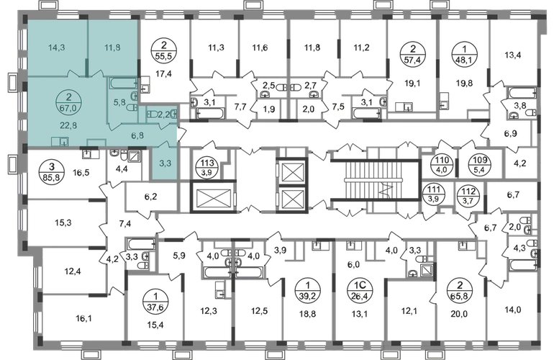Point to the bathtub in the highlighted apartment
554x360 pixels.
122,85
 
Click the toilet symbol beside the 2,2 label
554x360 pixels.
150,114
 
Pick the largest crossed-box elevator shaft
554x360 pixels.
213,194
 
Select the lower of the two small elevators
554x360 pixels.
291,194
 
